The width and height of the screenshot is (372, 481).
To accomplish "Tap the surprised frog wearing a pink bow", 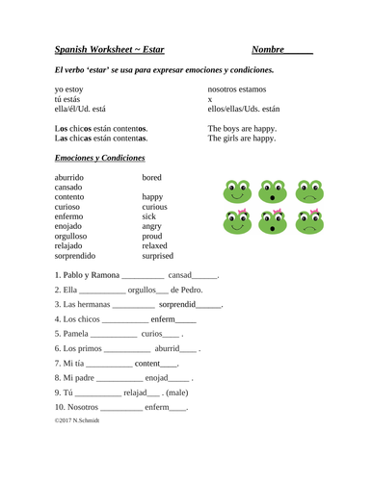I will pyautogui.click(x=273, y=224).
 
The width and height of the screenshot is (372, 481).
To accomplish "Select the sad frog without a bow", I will pyautogui.click(x=309, y=192).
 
